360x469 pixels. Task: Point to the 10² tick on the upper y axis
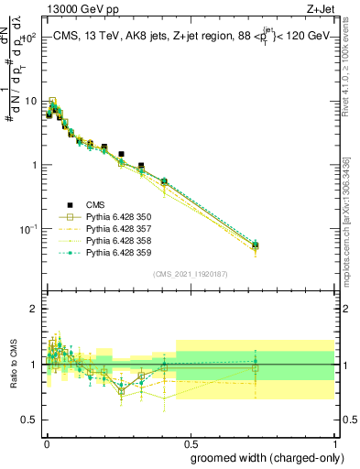[x=29, y=38]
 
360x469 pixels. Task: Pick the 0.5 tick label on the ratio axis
[x=30, y=420]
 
